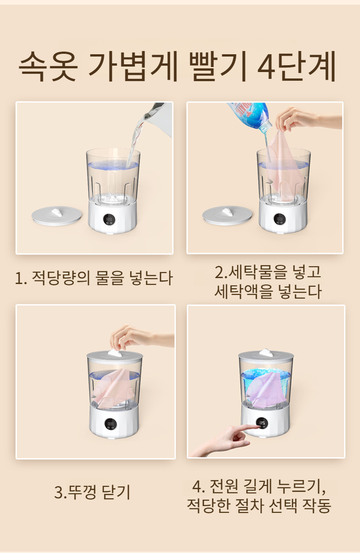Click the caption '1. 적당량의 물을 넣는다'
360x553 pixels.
[94, 278]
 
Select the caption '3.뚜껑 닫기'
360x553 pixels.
[93, 492]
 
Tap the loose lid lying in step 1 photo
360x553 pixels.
[57, 215]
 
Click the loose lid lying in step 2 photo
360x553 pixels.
[227, 215]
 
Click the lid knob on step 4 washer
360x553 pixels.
[266, 352]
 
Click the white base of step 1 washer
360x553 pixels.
[113, 219]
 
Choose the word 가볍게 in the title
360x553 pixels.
[131, 67]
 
